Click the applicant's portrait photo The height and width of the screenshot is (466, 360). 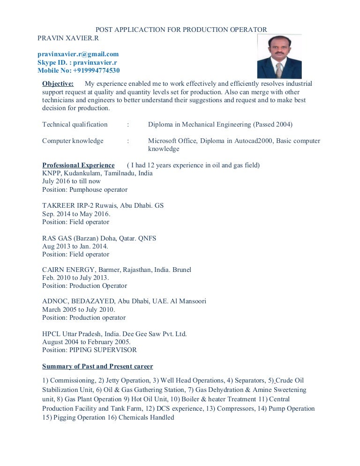pos(279,56)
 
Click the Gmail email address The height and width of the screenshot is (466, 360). pos(78,54)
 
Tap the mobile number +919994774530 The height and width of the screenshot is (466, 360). pos(78,70)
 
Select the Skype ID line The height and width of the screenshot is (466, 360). pos(77,62)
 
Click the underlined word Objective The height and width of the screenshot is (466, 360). pos(58,84)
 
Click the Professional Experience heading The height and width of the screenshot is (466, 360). pos(78,165)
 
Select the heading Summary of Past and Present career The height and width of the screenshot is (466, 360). pos(97,366)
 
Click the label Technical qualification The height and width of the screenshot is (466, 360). pos(75,124)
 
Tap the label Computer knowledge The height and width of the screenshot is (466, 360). pos(73,141)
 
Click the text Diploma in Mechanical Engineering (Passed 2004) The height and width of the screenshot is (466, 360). pos(220,124)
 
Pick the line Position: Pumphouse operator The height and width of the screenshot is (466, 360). pos(85,189)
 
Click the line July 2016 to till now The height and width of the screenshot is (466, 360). pos(71,181)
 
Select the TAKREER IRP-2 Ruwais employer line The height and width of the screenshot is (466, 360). pos(103,205)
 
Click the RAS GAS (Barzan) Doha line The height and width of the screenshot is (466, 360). pos(99,238)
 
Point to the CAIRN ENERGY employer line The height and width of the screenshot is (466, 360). pos(117,270)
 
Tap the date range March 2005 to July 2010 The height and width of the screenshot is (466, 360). pos(78,309)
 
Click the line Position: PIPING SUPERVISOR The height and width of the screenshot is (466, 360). pos(90,350)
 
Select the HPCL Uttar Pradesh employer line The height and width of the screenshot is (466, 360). pos(114,334)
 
